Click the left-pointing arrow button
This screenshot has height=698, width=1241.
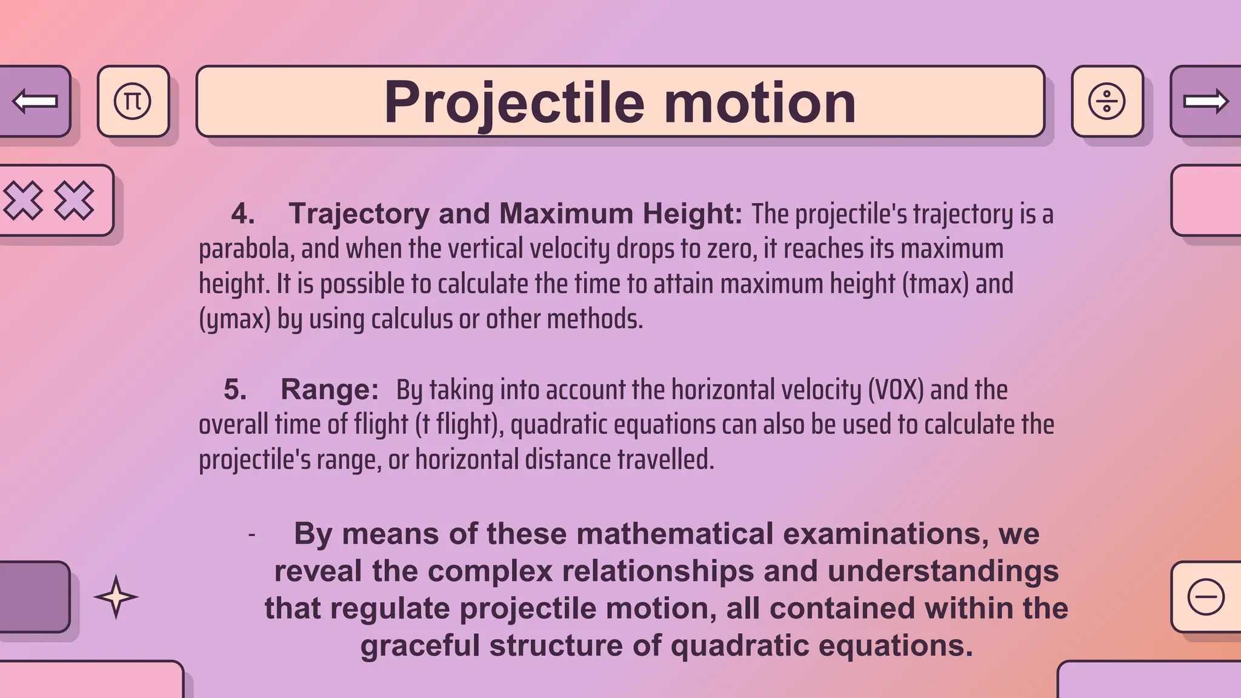(x=35, y=101)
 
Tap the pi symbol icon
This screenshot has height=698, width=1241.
(x=133, y=101)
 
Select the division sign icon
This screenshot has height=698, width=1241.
(x=1106, y=101)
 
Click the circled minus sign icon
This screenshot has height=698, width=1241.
(x=1206, y=597)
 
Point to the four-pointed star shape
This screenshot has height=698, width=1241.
(x=116, y=597)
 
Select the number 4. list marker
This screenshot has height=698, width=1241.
(x=242, y=214)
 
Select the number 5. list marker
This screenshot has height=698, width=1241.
(x=235, y=389)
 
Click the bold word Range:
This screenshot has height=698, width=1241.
(x=330, y=389)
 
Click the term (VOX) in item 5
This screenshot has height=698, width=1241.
(x=896, y=390)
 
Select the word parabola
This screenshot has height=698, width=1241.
(x=246, y=249)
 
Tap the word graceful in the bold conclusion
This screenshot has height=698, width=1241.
(x=420, y=645)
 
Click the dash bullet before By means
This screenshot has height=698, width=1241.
(x=251, y=535)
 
